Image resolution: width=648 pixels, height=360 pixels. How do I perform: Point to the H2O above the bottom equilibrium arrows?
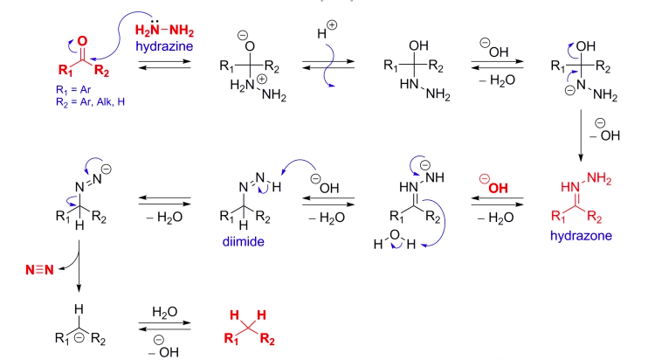tap(163, 310)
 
